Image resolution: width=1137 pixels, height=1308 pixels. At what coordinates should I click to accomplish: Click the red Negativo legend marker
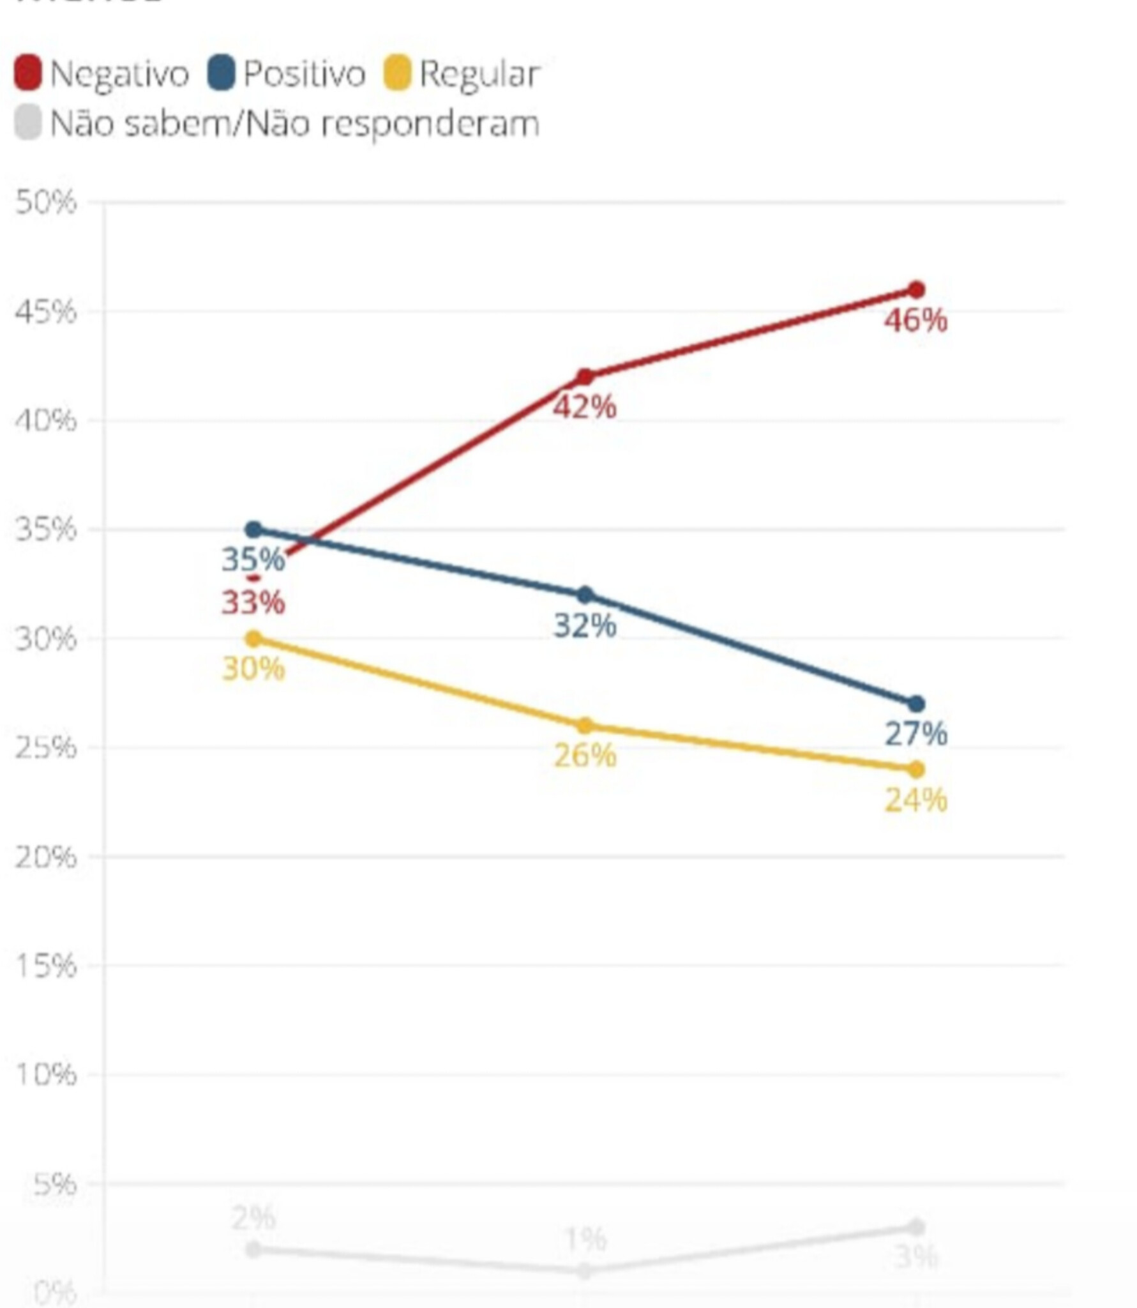27,73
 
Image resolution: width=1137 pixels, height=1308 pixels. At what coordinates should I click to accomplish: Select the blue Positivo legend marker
222,73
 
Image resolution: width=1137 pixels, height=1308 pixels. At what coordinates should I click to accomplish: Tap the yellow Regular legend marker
397,73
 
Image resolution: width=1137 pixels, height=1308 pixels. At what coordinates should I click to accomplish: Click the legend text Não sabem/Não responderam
294,123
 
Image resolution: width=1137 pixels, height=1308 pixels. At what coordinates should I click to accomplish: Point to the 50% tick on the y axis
45,203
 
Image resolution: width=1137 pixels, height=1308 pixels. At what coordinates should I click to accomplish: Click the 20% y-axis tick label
45,857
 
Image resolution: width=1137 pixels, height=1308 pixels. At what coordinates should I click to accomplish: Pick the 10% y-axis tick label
45,1075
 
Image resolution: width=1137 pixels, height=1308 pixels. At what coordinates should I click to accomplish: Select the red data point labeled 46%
916,290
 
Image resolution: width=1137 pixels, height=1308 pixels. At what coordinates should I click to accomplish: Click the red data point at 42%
585,377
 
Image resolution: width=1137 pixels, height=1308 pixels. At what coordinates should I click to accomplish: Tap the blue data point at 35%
253,529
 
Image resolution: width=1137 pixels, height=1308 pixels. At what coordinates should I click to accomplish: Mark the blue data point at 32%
585,595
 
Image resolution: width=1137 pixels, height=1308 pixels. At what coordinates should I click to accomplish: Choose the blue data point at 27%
916,704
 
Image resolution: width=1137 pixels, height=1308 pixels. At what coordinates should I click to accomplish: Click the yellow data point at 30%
253,638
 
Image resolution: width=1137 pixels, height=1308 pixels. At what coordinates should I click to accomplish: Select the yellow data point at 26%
585,726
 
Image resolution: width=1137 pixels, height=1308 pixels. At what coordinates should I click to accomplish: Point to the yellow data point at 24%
916,769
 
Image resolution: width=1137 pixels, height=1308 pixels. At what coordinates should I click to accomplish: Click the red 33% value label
253,602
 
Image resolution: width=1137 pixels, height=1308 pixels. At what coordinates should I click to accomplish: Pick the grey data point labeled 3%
916,1227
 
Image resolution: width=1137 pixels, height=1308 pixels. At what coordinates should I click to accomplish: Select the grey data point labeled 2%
253,1249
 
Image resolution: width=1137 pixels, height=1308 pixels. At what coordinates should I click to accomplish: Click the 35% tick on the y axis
45,529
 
